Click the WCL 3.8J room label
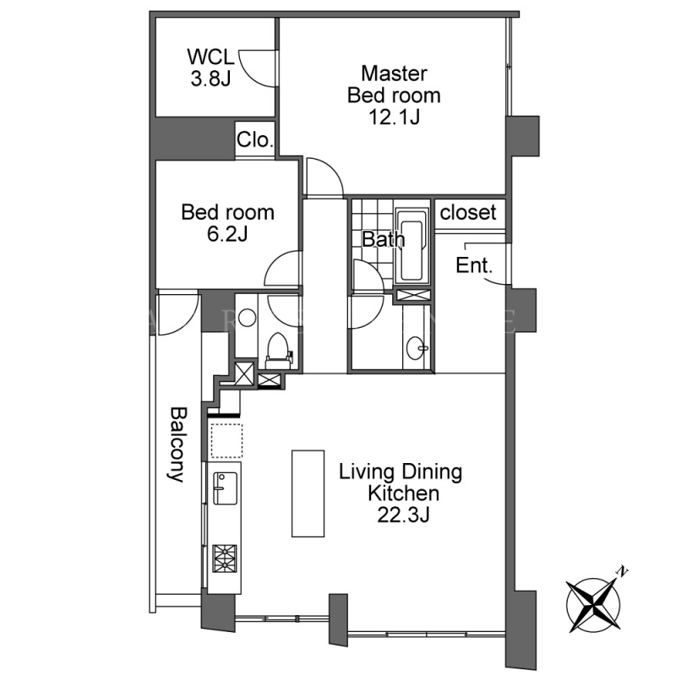(x=210, y=68)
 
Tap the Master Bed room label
(x=394, y=95)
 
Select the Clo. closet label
(x=255, y=139)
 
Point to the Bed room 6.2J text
(x=227, y=223)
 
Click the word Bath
(x=384, y=239)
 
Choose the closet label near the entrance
(x=468, y=212)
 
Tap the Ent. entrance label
(x=474, y=265)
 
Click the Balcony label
(x=177, y=444)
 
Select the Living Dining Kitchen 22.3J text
(x=401, y=493)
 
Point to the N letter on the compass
(x=622, y=571)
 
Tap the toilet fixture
(x=278, y=351)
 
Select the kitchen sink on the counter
(x=225, y=488)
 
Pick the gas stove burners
(x=225, y=559)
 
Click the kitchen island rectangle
(x=308, y=493)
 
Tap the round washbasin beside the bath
(x=417, y=347)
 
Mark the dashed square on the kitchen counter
(x=226, y=440)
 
